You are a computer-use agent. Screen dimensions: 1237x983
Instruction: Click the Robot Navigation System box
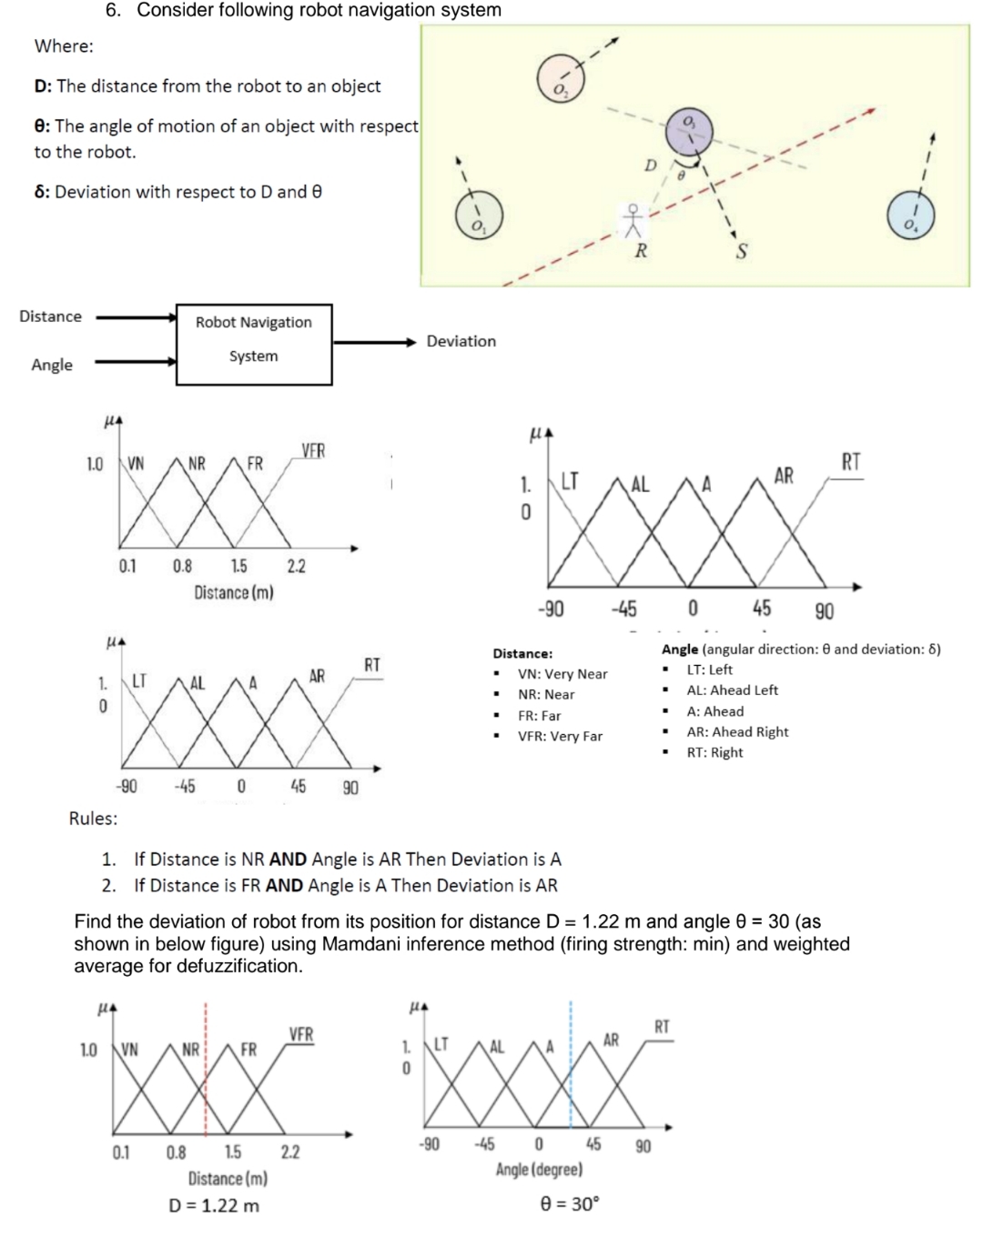coord(254,344)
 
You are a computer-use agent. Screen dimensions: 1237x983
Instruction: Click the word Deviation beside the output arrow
coord(461,341)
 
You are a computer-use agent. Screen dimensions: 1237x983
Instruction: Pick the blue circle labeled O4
coord(910,216)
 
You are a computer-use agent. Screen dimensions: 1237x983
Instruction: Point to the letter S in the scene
coord(741,252)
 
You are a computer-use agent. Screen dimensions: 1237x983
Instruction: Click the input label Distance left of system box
coord(51,317)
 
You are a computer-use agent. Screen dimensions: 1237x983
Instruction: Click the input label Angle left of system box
coord(52,365)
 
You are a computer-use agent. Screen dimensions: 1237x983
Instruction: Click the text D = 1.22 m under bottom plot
coord(214,1206)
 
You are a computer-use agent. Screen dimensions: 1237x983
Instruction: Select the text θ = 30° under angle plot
coord(570,1204)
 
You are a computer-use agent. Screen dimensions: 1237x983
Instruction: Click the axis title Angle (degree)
coord(539,1170)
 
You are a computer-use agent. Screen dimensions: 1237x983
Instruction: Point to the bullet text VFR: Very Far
coord(560,737)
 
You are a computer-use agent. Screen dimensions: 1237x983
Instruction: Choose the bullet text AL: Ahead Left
coord(732,690)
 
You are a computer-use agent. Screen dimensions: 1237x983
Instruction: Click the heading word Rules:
coord(94,819)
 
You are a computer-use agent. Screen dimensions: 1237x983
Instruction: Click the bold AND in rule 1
coord(288,860)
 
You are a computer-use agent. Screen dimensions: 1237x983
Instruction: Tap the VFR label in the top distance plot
coord(313,451)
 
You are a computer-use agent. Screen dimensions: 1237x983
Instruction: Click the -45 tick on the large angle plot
coord(623,609)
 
